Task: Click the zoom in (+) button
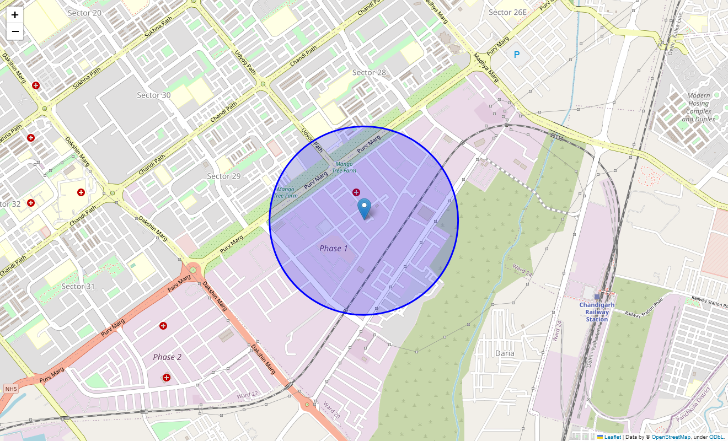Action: point(15,15)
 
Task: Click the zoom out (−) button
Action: point(15,31)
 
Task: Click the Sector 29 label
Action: point(224,176)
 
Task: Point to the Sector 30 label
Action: point(154,95)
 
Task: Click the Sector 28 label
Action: point(369,72)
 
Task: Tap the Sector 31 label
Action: point(78,286)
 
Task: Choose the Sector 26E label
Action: point(507,12)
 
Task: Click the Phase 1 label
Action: point(334,248)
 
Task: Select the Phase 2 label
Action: point(167,357)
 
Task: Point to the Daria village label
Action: point(505,353)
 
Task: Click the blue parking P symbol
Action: point(517,55)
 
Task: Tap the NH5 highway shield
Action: point(10,389)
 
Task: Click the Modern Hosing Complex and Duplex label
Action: point(698,107)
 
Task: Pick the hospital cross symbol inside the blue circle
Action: point(356,192)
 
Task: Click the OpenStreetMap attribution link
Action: point(671,437)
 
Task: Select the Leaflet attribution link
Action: point(612,437)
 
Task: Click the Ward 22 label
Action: point(247,395)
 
